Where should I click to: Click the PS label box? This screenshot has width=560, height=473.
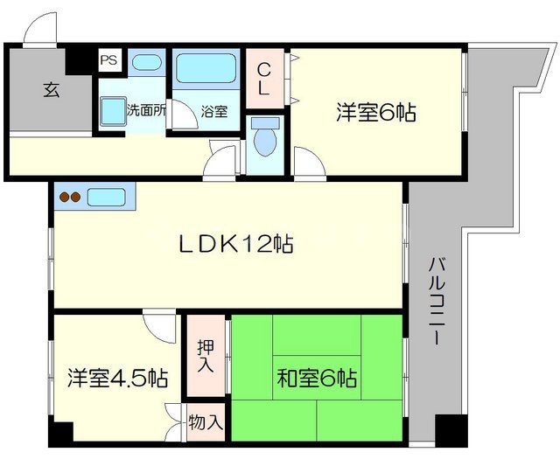click(x=108, y=60)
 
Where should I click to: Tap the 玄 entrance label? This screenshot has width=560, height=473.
click(x=51, y=90)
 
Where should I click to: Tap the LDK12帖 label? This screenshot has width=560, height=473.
click(x=236, y=244)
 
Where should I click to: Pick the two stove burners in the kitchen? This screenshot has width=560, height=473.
click(x=70, y=198)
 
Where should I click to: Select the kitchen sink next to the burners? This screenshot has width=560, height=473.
click(x=108, y=198)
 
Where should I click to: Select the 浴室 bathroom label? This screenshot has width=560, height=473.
click(x=213, y=111)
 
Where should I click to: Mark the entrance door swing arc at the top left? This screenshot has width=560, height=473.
click(x=39, y=30)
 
